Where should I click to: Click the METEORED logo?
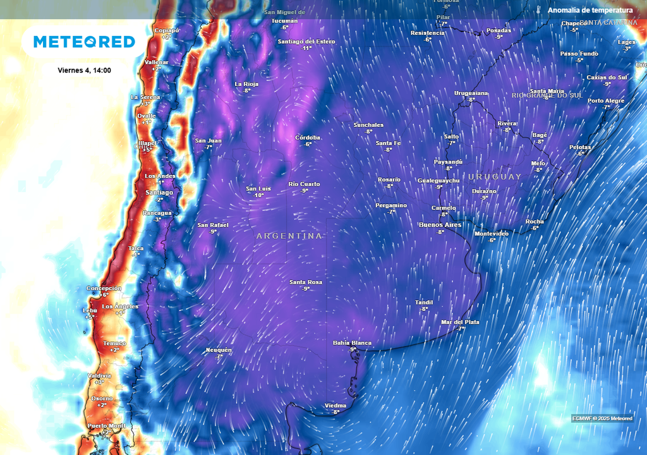click(x=84, y=42)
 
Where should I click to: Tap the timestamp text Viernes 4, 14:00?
click(x=84, y=70)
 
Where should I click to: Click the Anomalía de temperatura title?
click(x=590, y=10)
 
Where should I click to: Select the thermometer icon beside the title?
click(x=538, y=10)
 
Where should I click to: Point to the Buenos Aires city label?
click(x=440, y=224)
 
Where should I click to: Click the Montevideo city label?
click(x=492, y=233)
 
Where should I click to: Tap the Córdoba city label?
click(x=308, y=138)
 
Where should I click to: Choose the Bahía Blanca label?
click(x=353, y=343)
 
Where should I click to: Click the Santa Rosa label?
click(x=306, y=282)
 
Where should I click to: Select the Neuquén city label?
click(x=219, y=350)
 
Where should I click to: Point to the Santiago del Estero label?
click(x=306, y=42)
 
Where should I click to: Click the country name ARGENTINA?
click(x=289, y=236)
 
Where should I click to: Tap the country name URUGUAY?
click(x=495, y=176)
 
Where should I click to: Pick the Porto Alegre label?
click(x=606, y=100)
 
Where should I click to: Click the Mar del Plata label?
click(x=460, y=322)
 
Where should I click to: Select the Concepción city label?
click(x=104, y=288)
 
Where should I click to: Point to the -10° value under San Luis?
click(x=258, y=195)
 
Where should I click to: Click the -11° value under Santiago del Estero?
click(x=307, y=48)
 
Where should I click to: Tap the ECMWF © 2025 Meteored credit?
click(x=602, y=418)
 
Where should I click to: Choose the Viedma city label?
click(x=336, y=405)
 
